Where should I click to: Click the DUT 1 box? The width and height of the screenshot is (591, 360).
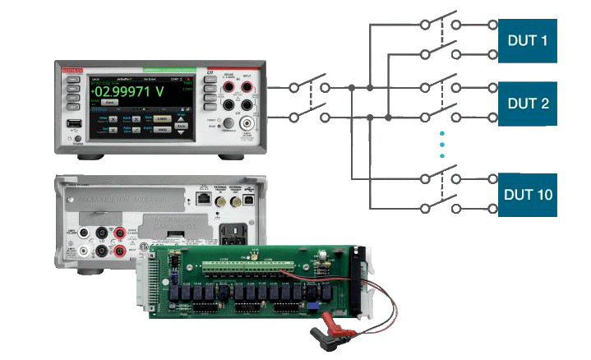[x=528, y=40]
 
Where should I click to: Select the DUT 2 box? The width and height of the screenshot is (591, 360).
[x=528, y=103]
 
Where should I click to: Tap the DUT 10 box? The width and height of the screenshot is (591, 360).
[x=528, y=195]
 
